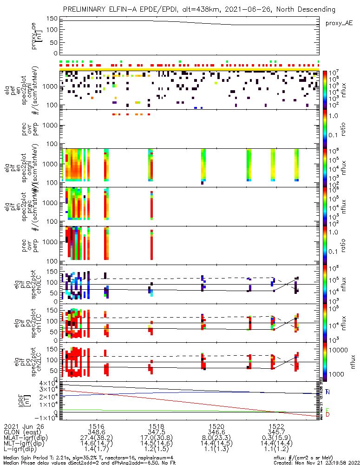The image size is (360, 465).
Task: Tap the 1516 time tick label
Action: (96, 426)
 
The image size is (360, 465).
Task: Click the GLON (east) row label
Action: (24, 432)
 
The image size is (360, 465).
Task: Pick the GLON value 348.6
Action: (96, 432)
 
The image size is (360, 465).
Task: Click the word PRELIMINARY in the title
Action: (85, 9)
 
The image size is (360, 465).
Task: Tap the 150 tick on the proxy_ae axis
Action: (52, 19)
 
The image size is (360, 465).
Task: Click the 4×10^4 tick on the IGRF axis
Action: (47, 383)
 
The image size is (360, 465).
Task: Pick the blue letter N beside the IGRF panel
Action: (327, 392)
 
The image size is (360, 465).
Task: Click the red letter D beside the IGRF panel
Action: (327, 414)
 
